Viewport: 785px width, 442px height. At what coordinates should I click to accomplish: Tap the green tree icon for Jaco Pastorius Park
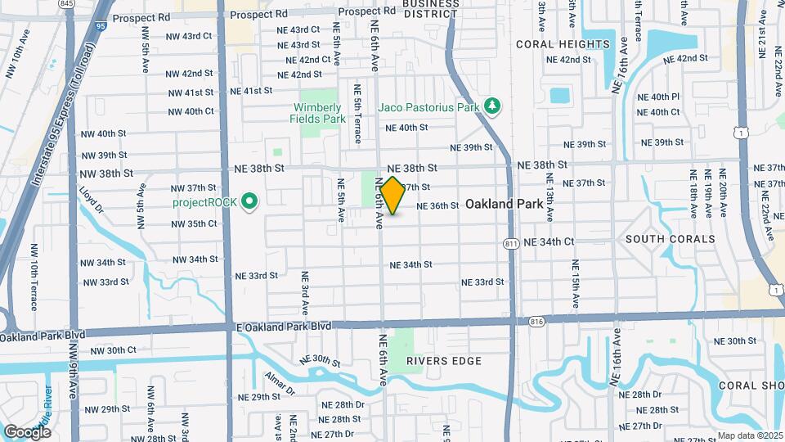pos(491,106)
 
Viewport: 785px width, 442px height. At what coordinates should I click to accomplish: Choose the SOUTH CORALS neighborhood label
pos(670,239)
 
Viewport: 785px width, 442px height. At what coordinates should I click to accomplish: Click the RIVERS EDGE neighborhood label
pos(443,361)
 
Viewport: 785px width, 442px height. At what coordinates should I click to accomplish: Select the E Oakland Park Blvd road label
pos(284,326)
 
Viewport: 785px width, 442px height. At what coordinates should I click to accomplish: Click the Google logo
pos(27,431)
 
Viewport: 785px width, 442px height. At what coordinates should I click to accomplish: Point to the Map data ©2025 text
pos(749,435)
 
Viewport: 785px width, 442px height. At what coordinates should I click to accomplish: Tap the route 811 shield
pos(512,243)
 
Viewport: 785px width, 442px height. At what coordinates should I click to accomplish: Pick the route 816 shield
pos(536,320)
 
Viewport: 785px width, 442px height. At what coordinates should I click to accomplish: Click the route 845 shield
pos(67,4)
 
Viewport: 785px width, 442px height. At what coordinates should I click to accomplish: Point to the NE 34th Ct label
pos(549,242)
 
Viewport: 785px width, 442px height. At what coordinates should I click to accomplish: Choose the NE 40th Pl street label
pos(658,97)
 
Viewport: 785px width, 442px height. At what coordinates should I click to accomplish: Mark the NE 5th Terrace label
pos(357,113)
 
